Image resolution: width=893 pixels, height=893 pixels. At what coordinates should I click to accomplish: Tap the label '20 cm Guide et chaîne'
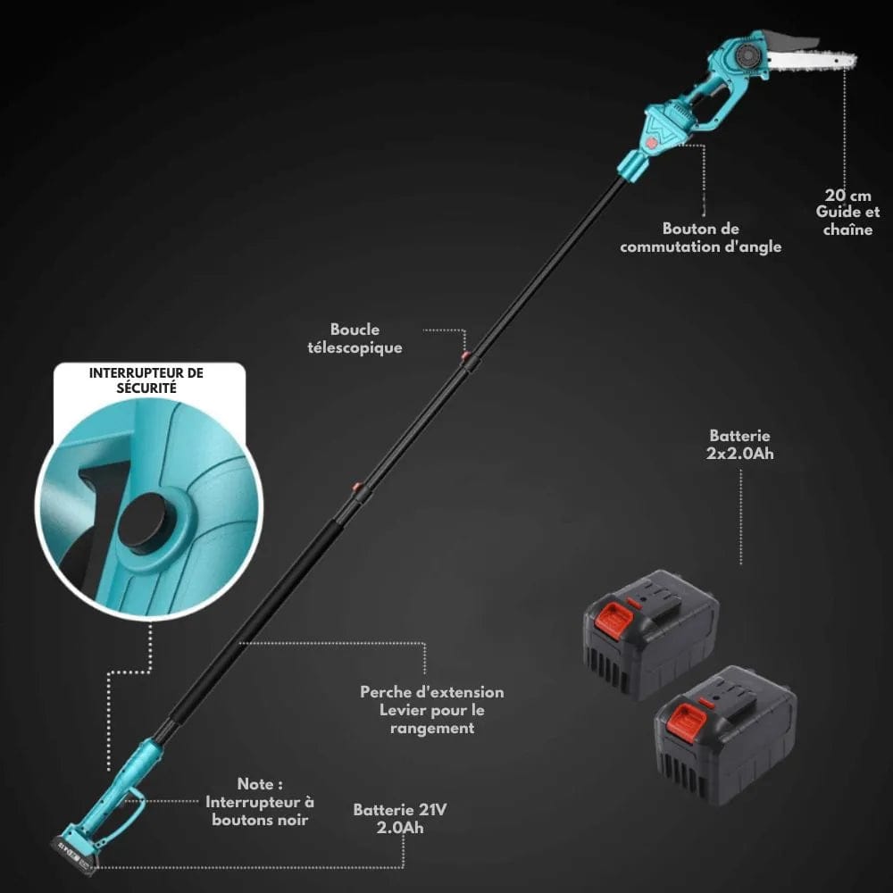[847, 212]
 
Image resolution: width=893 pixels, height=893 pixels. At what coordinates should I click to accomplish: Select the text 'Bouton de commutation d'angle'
[700, 238]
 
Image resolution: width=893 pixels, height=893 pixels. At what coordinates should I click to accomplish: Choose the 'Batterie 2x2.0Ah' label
[739, 445]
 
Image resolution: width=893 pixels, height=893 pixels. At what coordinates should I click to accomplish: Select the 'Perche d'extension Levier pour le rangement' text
[432, 710]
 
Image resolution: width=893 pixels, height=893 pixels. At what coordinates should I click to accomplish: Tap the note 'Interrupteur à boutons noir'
[260, 801]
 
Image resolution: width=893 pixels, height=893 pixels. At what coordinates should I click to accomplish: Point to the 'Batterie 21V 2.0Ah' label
[400, 818]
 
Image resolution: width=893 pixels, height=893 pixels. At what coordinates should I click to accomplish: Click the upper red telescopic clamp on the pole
[465, 359]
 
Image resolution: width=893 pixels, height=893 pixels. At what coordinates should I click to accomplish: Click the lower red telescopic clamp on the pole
[357, 490]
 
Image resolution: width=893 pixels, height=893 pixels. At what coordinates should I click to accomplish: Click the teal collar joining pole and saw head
[632, 166]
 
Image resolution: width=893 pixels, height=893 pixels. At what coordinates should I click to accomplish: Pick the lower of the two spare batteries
[725, 732]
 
